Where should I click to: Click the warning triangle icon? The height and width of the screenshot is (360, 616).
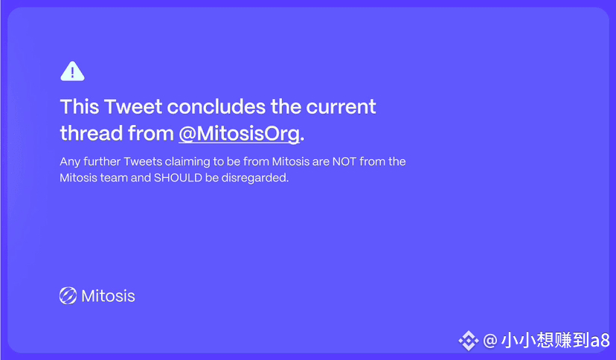coord(72,71)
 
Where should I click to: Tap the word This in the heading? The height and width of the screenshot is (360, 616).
coord(80,107)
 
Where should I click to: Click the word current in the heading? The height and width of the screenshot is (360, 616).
coord(341,107)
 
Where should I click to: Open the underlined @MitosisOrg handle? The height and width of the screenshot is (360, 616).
coord(240,134)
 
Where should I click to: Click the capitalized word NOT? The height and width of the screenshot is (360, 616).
coord(344,161)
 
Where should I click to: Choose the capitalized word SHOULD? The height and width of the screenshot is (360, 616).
coord(178,178)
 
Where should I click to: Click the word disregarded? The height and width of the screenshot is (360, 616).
coord(255,178)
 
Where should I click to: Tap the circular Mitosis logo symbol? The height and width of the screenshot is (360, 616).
coord(68,295)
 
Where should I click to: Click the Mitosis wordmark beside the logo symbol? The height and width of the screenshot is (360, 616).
coord(108,296)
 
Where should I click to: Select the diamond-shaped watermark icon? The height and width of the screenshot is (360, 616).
coord(468,341)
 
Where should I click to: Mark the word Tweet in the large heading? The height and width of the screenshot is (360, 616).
coord(133,107)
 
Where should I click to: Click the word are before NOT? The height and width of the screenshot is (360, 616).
coord(321,162)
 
